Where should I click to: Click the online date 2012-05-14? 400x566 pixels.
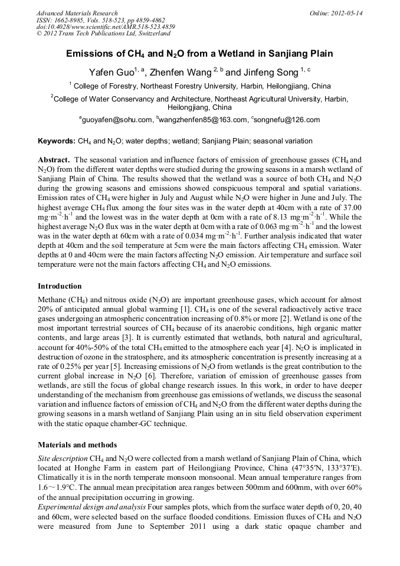(349, 13)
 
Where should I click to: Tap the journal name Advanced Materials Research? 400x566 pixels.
(77, 13)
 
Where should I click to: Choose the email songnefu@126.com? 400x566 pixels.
(287, 120)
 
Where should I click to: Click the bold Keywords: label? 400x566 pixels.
(56, 142)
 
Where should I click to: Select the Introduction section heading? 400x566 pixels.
(60, 286)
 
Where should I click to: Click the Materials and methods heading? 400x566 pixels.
(77, 444)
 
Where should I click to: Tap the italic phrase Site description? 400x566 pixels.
(61, 458)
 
